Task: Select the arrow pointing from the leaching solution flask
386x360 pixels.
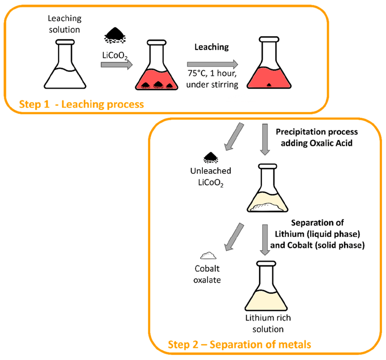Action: [x=116, y=64]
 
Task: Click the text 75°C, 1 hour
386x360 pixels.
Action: [x=212, y=76]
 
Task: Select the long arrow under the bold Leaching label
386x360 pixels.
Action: [x=212, y=64]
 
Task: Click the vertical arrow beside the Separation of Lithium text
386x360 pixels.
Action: [x=266, y=239]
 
